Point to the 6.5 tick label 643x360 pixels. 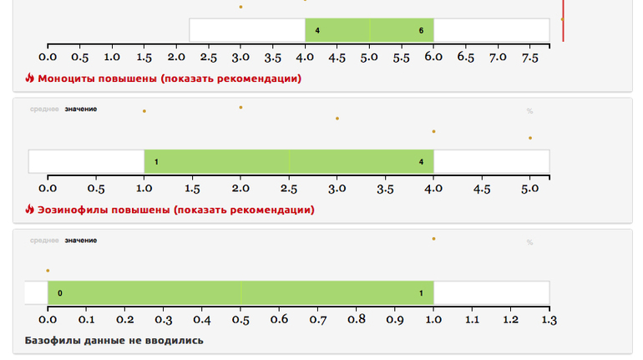click(x=466, y=58)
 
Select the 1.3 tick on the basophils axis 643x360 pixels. click(x=549, y=319)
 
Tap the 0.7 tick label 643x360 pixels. click(x=318, y=319)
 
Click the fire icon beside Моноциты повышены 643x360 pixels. click(x=30, y=79)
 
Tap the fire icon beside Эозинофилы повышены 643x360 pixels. click(x=30, y=210)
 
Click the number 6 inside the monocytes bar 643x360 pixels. click(x=421, y=30)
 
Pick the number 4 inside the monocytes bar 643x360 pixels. click(x=317, y=30)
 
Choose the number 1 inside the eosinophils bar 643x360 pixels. click(x=157, y=161)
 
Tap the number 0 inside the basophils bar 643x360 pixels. click(x=60, y=293)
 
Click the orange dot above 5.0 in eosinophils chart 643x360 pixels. click(x=530, y=138)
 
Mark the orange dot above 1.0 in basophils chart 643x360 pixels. click(x=433, y=238)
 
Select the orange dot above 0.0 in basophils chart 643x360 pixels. click(x=48, y=271)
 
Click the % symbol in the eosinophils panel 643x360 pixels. click(x=529, y=111)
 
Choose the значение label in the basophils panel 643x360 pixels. click(x=81, y=241)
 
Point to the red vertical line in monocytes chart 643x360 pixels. click(x=563, y=21)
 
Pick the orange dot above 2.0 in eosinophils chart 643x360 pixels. click(x=240, y=107)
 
